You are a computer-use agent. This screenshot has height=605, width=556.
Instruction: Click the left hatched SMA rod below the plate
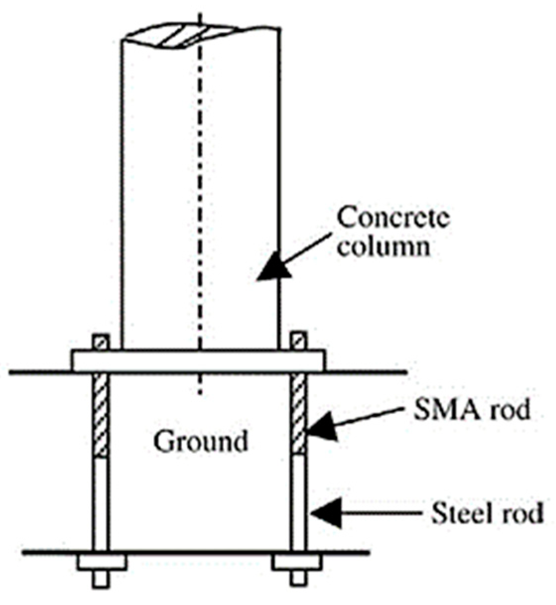coord(100,414)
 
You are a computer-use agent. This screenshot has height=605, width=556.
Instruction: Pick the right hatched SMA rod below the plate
coord(299,414)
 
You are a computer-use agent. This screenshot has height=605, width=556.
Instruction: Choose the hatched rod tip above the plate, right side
coord(299,342)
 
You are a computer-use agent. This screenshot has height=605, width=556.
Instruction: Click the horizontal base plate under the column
coord(198,361)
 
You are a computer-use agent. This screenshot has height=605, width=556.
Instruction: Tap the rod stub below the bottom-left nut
coord(101,579)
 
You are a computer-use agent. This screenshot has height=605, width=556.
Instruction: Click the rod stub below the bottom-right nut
coord(297,579)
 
